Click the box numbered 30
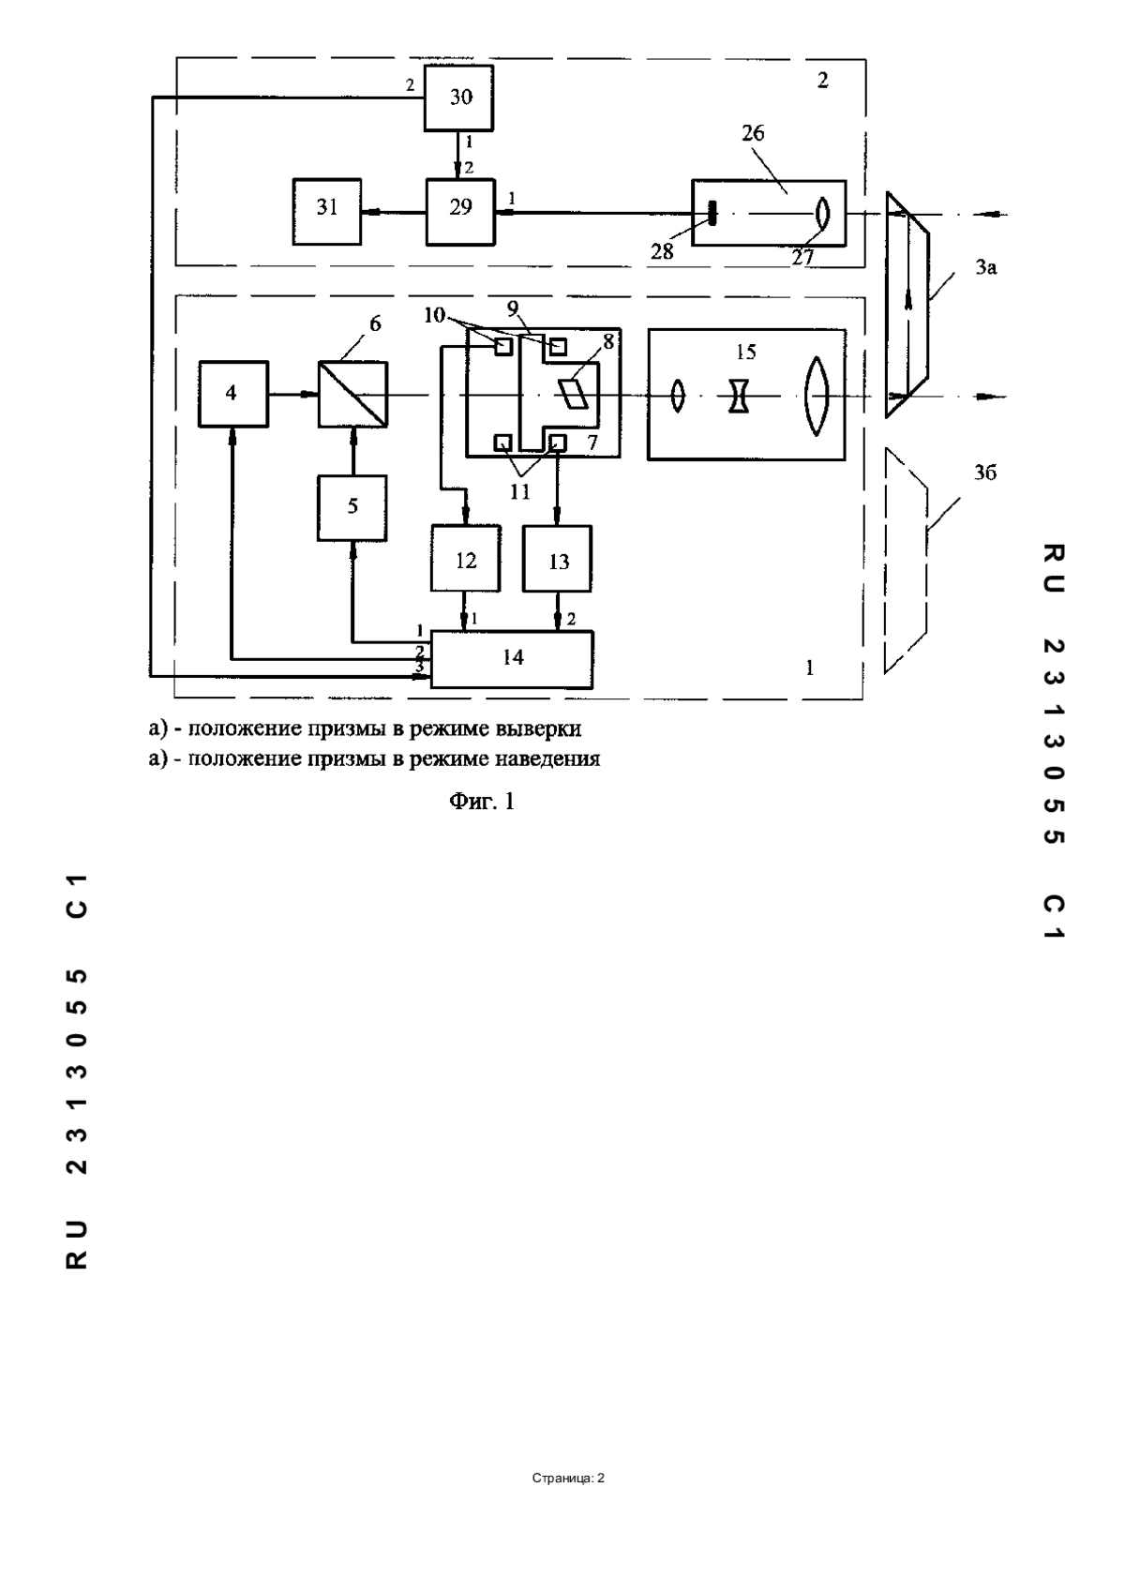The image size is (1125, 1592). coord(458,98)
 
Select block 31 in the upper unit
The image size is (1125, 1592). coord(327,212)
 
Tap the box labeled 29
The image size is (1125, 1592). coord(459,212)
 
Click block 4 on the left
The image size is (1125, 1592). coord(233,394)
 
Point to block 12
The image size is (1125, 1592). coord(466,559)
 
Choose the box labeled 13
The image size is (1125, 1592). coord(557,559)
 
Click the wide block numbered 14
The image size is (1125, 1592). coord(512,659)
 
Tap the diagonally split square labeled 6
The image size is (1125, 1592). coord(352,394)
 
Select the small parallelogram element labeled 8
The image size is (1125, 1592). coord(575,392)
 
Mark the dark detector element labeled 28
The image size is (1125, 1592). coord(712,212)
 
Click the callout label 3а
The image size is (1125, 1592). coord(985,267)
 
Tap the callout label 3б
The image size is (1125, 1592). coord(985,473)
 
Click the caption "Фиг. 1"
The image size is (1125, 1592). coord(482,802)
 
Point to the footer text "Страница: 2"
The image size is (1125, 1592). coord(568,1479)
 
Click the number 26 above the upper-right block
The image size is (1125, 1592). coord(753,133)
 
